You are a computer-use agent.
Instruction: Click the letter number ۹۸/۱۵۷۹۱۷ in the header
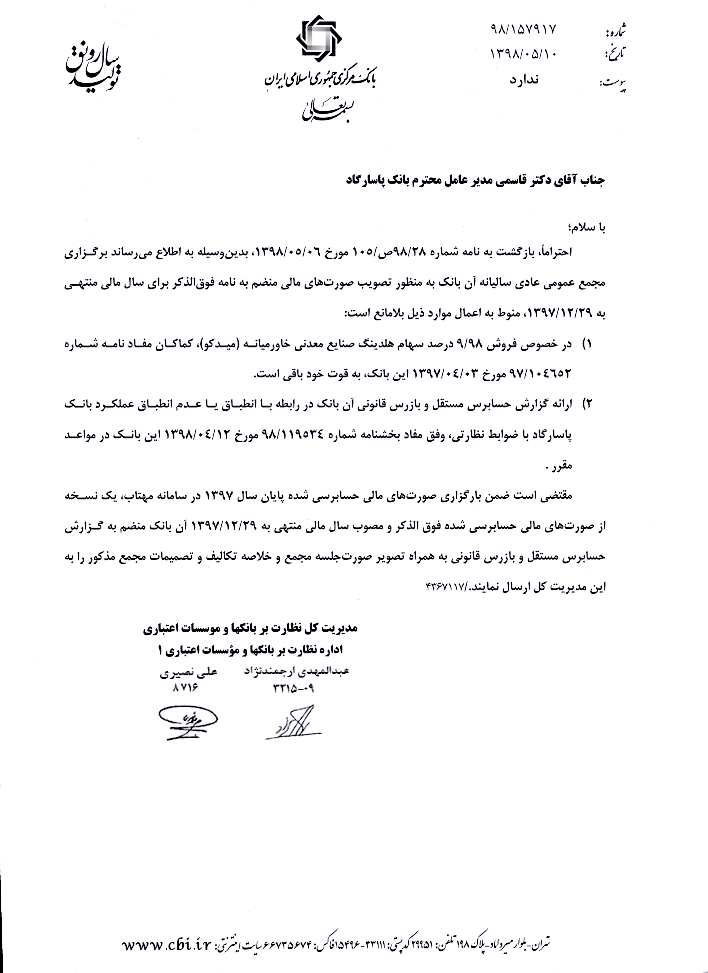click(x=523, y=29)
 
